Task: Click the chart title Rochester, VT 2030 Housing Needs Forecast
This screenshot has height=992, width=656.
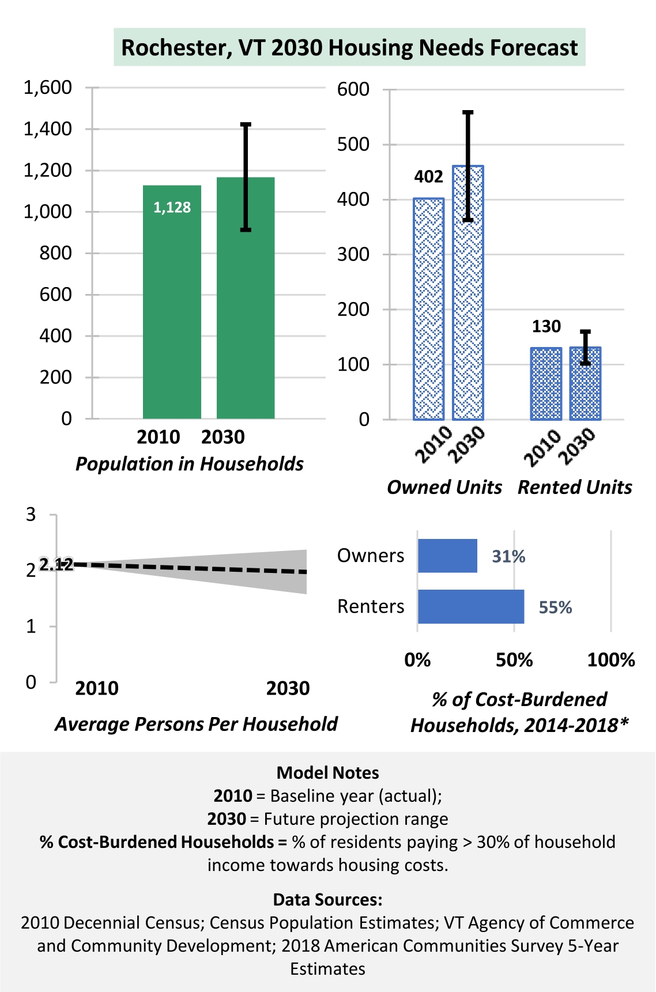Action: (x=349, y=47)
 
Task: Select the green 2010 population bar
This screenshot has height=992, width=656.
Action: (x=172, y=302)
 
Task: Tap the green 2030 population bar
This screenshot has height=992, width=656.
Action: (x=246, y=298)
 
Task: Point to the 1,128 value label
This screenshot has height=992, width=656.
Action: (x=172, y=208)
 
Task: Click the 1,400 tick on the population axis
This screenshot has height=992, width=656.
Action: (x=47, y=129)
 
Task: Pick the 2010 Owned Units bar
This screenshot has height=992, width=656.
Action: (x=429, y=309)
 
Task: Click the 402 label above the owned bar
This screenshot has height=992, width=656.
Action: (x=429, y=176)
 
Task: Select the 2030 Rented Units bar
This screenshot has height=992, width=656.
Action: (x=585, y=383)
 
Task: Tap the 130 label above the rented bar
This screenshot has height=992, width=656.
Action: (x=546, y=326)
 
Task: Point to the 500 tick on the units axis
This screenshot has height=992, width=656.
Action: (x=353, y=144)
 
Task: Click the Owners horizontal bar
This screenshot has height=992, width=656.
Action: (x=447, y=556)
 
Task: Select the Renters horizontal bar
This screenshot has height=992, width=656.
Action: (x=471, y=606)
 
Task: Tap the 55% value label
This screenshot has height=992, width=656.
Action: (x=555, y=607)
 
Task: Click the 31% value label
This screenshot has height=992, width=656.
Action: (x=508, y=556)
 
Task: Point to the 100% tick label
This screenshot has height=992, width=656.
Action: (x=611, y=659)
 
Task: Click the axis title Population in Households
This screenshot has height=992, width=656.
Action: (x=190, y=464)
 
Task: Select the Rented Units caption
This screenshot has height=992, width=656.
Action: (x=575, y=487)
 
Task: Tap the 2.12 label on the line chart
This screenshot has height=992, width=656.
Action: (x=56, y=564)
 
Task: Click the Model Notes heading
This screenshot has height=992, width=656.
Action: (x=328, y=772)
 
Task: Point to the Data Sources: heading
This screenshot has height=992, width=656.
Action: (x=328, y=899)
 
